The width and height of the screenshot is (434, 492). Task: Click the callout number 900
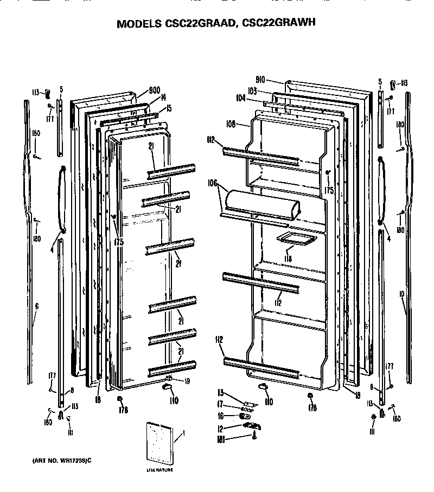coord(155,90)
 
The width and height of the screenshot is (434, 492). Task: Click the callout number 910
coord(260,80)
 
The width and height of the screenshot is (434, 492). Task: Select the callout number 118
coord(287,258)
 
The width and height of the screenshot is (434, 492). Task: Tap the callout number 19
coord(187,380)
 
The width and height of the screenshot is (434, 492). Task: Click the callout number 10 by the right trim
coord(402,294)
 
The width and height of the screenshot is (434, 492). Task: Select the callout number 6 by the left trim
coord(36,307)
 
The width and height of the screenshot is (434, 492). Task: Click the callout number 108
coord(244,124)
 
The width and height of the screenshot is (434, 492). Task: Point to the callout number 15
coord(169,108)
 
